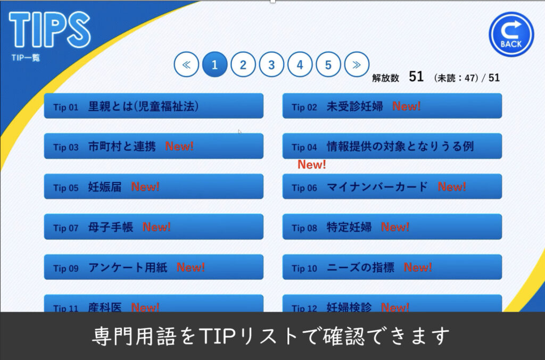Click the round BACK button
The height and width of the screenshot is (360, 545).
tap(511, 34)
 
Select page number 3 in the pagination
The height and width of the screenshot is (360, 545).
tap(271, 64)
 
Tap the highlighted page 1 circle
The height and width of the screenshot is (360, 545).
tap(214, 64)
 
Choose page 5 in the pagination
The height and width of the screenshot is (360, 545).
tap(328, 64)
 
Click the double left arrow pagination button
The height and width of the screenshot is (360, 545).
tap(186, 64)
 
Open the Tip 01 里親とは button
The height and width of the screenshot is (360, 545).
tap(154, 106)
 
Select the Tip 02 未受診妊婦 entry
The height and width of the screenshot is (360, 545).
tap(392, 106)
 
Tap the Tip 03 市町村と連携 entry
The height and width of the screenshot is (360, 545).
tap(154, 146)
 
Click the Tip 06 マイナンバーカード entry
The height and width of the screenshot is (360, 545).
tap(392, 187)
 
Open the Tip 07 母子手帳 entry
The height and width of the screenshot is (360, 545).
tap(154, 227)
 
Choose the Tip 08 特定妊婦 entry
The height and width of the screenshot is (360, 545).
tap(392, 227)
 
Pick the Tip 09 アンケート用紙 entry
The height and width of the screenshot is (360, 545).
tap(154, 267)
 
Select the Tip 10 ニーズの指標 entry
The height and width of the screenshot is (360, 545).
tap(392, 267)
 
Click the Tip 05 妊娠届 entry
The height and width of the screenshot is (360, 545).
tap(154, 187)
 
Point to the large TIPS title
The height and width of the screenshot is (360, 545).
tap(49, 29)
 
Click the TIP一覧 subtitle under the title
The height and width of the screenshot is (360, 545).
tap(26, 57)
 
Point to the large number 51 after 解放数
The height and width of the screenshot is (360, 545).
tap(416, 77)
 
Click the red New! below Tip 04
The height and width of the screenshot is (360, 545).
tap(312, 164)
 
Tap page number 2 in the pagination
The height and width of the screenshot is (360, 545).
tap(243, 64)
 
